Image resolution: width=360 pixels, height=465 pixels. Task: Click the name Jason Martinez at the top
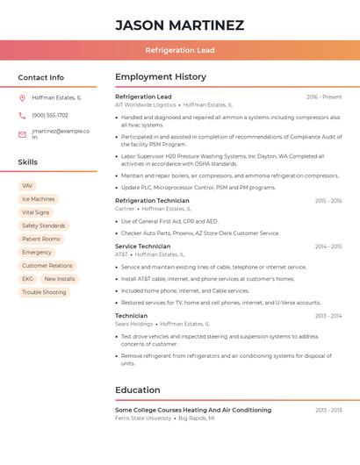[x=180, y=25]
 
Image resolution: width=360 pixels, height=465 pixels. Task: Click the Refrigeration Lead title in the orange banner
[x=180, y=51]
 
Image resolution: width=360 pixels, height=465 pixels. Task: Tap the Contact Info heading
[x=41, y=77]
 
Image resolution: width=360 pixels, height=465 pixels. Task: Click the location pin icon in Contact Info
[x=22, y=97]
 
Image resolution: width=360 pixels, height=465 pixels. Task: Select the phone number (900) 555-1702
[x=50, y=115]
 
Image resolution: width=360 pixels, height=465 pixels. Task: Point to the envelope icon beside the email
[x=22, y=134]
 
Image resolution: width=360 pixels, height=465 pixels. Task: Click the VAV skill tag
[x=27, y=186]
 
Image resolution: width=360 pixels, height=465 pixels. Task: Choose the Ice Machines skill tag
[x=39, y=199]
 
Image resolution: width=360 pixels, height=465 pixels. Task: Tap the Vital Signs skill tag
[x=36, y=212]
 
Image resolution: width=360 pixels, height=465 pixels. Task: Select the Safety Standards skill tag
[x=43, y=225]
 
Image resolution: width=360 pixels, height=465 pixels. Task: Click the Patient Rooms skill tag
[x=41, y=239]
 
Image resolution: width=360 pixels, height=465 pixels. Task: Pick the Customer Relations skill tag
[x=47, y=265]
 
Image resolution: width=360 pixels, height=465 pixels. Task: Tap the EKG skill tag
[x=28, y=279]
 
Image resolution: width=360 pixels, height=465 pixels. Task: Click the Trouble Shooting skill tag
[x=44, y=292]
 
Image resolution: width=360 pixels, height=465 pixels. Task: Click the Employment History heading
[x=161, y=77]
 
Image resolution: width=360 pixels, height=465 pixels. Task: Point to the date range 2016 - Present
[x=324, y=97]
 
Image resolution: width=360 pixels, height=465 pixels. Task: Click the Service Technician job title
[x=143, y=247]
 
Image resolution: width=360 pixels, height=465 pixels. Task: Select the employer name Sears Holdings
[x=134, y=324]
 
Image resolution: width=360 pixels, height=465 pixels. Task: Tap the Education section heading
[x=138, y=390]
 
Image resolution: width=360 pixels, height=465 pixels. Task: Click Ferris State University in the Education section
[x=143, y=418]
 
